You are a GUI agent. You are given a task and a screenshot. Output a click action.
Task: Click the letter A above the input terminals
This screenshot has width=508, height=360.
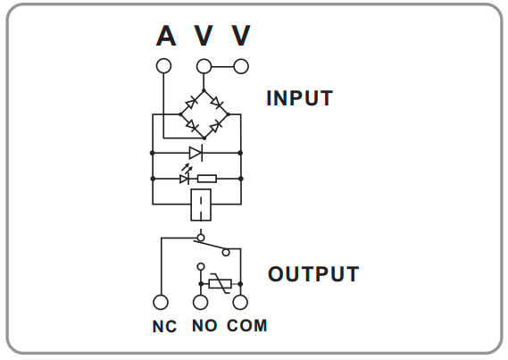click(166, 36)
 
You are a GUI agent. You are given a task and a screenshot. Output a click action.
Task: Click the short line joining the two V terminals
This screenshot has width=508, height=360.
click(222, 67)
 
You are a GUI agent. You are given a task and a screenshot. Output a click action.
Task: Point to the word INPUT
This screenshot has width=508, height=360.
click(300, 98)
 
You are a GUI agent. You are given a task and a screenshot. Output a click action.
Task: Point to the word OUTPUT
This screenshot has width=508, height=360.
click(313, 274)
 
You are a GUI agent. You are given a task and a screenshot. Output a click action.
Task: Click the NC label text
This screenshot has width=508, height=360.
click(164, 326)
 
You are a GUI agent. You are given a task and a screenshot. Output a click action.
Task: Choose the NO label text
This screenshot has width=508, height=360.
click(204, 326)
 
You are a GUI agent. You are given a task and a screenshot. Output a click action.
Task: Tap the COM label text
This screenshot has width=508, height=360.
click(247, 326)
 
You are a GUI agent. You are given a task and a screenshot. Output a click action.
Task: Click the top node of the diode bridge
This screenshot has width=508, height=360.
click(204, 91)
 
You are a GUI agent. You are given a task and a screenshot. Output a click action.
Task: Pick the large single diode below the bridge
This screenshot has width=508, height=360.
click(196, 153)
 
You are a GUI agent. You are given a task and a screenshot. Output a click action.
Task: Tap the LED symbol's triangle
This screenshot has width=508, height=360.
click(184, 179)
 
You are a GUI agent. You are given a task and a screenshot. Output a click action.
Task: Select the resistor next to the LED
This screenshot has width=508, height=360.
click(207, 179)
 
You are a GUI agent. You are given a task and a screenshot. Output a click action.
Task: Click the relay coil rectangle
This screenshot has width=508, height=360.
click(201, 205)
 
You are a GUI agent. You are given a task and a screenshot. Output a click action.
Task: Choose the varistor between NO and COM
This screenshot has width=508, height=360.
click(221, 284)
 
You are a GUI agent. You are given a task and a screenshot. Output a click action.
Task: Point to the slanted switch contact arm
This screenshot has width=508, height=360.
click(210, 246)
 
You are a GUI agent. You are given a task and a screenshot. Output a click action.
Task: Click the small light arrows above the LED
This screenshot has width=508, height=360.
click(187, 169)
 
